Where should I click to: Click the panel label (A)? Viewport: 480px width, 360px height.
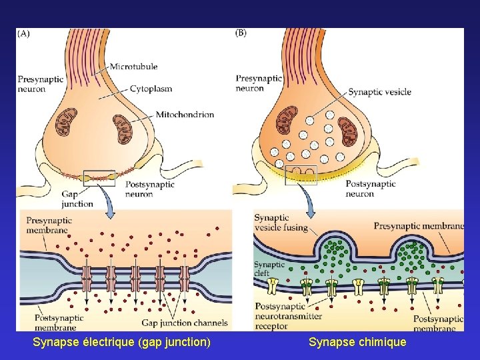coord(23,34)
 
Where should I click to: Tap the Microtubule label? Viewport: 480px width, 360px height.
coord(134,67)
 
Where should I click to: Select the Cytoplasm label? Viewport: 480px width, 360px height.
coord(151,88)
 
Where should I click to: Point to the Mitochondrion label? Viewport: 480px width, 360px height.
coord(185,115)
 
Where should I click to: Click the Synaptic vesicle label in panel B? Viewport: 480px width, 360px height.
coord(379,92)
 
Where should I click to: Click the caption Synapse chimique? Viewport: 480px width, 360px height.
coord(357,342)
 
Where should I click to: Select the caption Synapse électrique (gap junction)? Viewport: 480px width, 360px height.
coord(121,342)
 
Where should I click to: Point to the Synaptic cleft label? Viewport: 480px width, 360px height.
coord(269,269)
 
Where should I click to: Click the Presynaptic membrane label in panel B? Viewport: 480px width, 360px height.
coord(419,226)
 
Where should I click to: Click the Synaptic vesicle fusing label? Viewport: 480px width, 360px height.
coord(281,222)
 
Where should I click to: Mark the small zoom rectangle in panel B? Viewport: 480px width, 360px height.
coord(301,175)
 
